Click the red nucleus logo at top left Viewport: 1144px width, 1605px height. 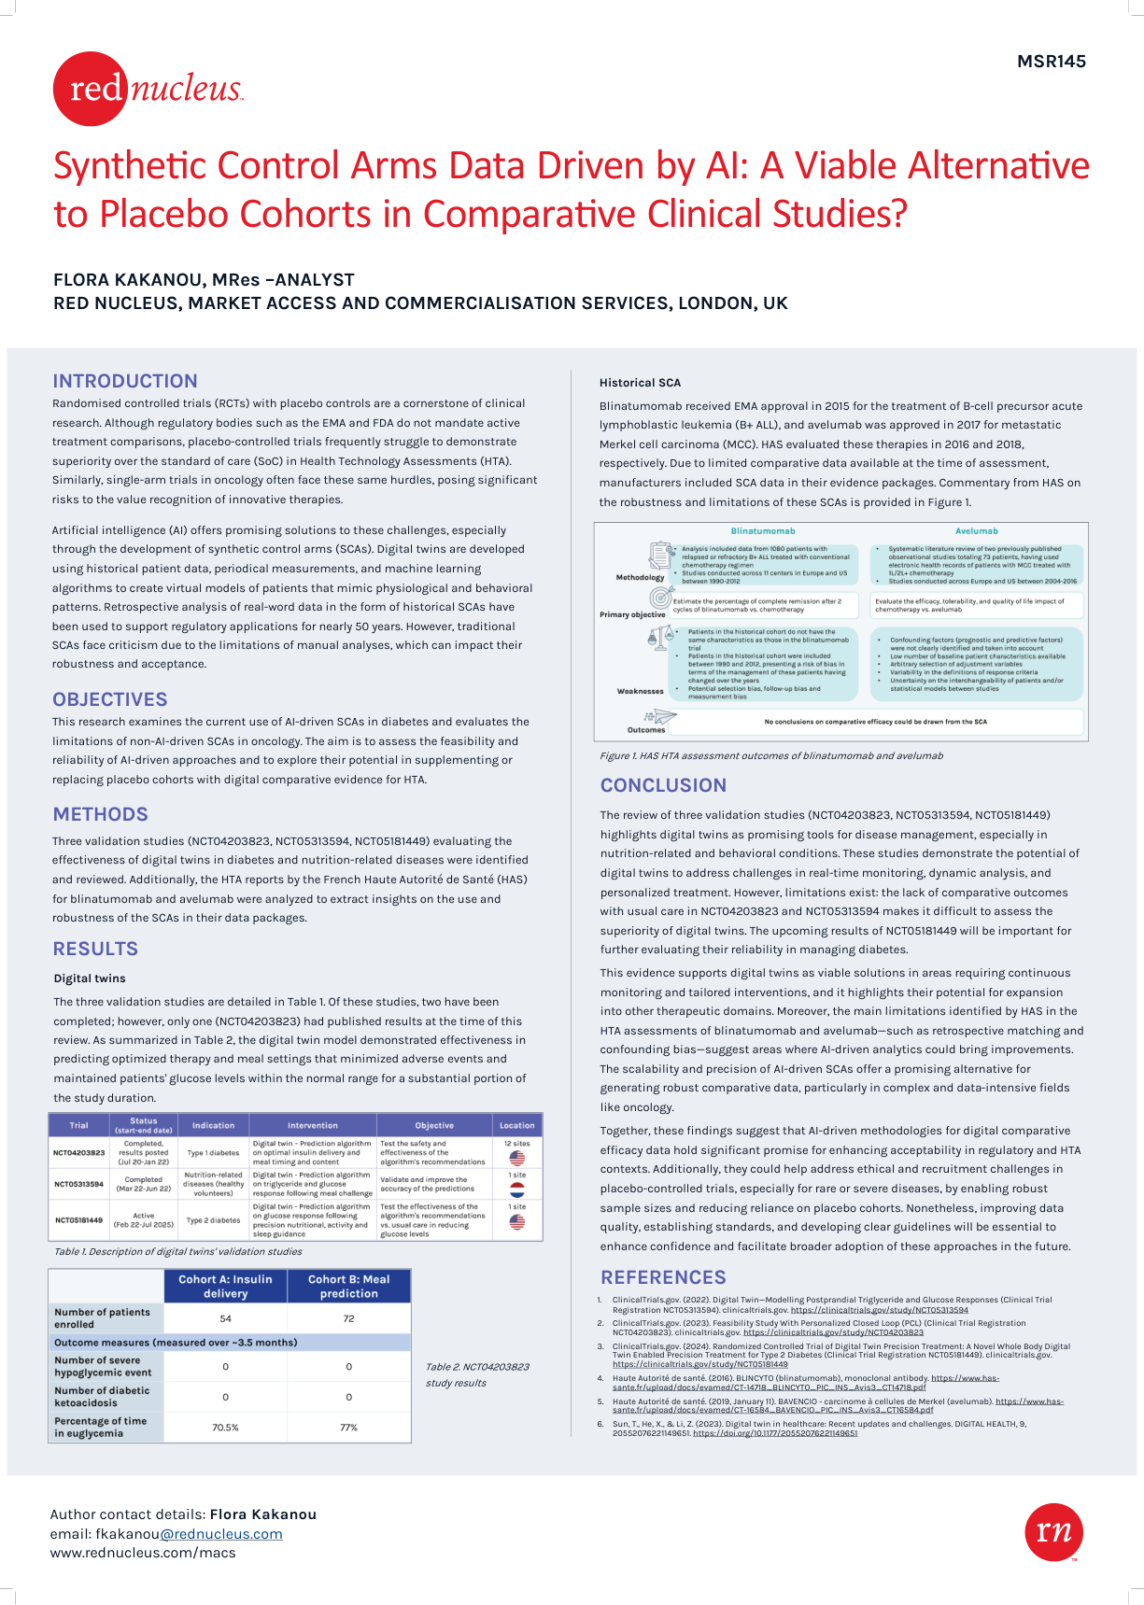(x=148, y=89)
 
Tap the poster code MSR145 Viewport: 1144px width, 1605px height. (x=1052, y=62)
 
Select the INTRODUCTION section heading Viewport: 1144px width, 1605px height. (x=125, y=381)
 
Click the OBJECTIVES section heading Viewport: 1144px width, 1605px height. (x=110, y=699)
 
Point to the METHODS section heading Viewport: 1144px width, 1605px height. (x=100, y=814)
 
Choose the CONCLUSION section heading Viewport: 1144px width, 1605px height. (x=663, y=785)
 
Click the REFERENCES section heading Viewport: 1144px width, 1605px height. (x=663, y=1277)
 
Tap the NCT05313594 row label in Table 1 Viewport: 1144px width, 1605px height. (x=78, y=1184)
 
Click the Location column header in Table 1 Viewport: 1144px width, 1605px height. (x=516, y=1125)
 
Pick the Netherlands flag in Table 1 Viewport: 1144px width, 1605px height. (x=516, y=1190)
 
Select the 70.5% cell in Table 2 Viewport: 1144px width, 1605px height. (x=225, y=1428)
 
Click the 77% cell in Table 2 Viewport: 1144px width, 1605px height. (x=348, y=1428)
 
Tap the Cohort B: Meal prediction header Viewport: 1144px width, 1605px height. (x=348, y=1287)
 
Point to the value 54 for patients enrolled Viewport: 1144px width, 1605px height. (x=225, y=1318)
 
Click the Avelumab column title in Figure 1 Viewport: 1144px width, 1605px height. (x=976, y=531)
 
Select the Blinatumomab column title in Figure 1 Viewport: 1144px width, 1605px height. (x=763, y=531)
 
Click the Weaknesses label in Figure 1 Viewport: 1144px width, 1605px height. (x=640, y=691)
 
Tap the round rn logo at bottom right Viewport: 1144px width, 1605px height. (x=1054, y=1531)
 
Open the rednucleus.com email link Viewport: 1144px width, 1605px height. (x=221, y=1534)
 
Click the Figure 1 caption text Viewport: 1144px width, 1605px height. (x=770, y=756)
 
